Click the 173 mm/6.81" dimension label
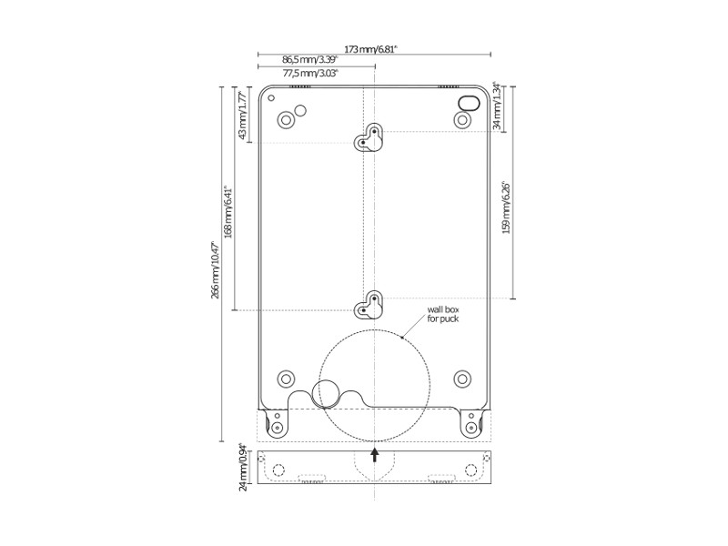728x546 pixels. [371, 49]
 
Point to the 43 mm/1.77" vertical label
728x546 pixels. [242, 115]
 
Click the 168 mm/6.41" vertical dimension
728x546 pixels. [228, 213]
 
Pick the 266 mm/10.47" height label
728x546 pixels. [215, 269]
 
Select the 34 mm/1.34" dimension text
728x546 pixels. [497, 106]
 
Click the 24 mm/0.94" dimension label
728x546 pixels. [242, 467]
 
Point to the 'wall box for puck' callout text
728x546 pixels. [444, 314]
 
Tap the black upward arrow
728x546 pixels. [374, 453]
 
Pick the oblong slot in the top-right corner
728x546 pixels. [468, 102]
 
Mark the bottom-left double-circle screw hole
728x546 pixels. [286, 378]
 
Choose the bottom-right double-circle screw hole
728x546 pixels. [461, 378]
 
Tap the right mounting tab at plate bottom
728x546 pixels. [470, 422]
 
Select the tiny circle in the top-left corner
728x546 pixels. [271, 98]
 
